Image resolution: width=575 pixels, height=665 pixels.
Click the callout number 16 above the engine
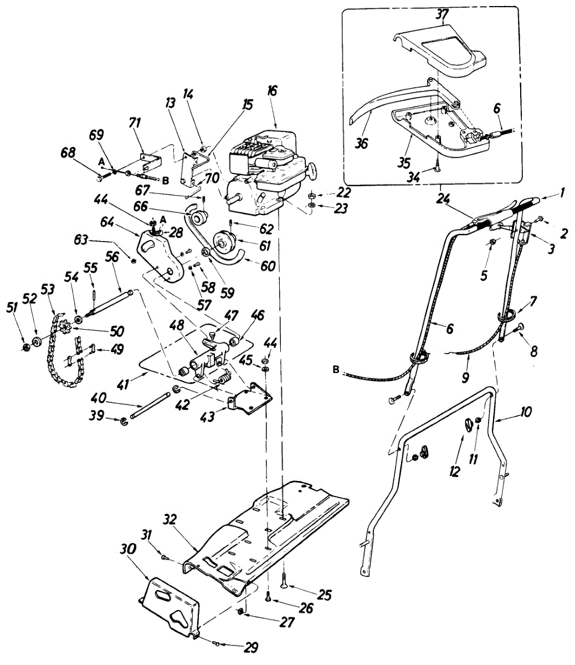click(x=271, y=91)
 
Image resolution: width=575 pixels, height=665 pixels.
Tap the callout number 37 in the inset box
click(x=442, y=15)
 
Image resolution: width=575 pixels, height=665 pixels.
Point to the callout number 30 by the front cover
click(x=127, y=548)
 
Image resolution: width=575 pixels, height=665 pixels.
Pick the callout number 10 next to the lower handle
click(x=526, y=412)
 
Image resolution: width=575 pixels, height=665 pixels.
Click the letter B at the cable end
click(x=336, y=370)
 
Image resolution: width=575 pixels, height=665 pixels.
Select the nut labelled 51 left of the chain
click(x=27, y=347)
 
